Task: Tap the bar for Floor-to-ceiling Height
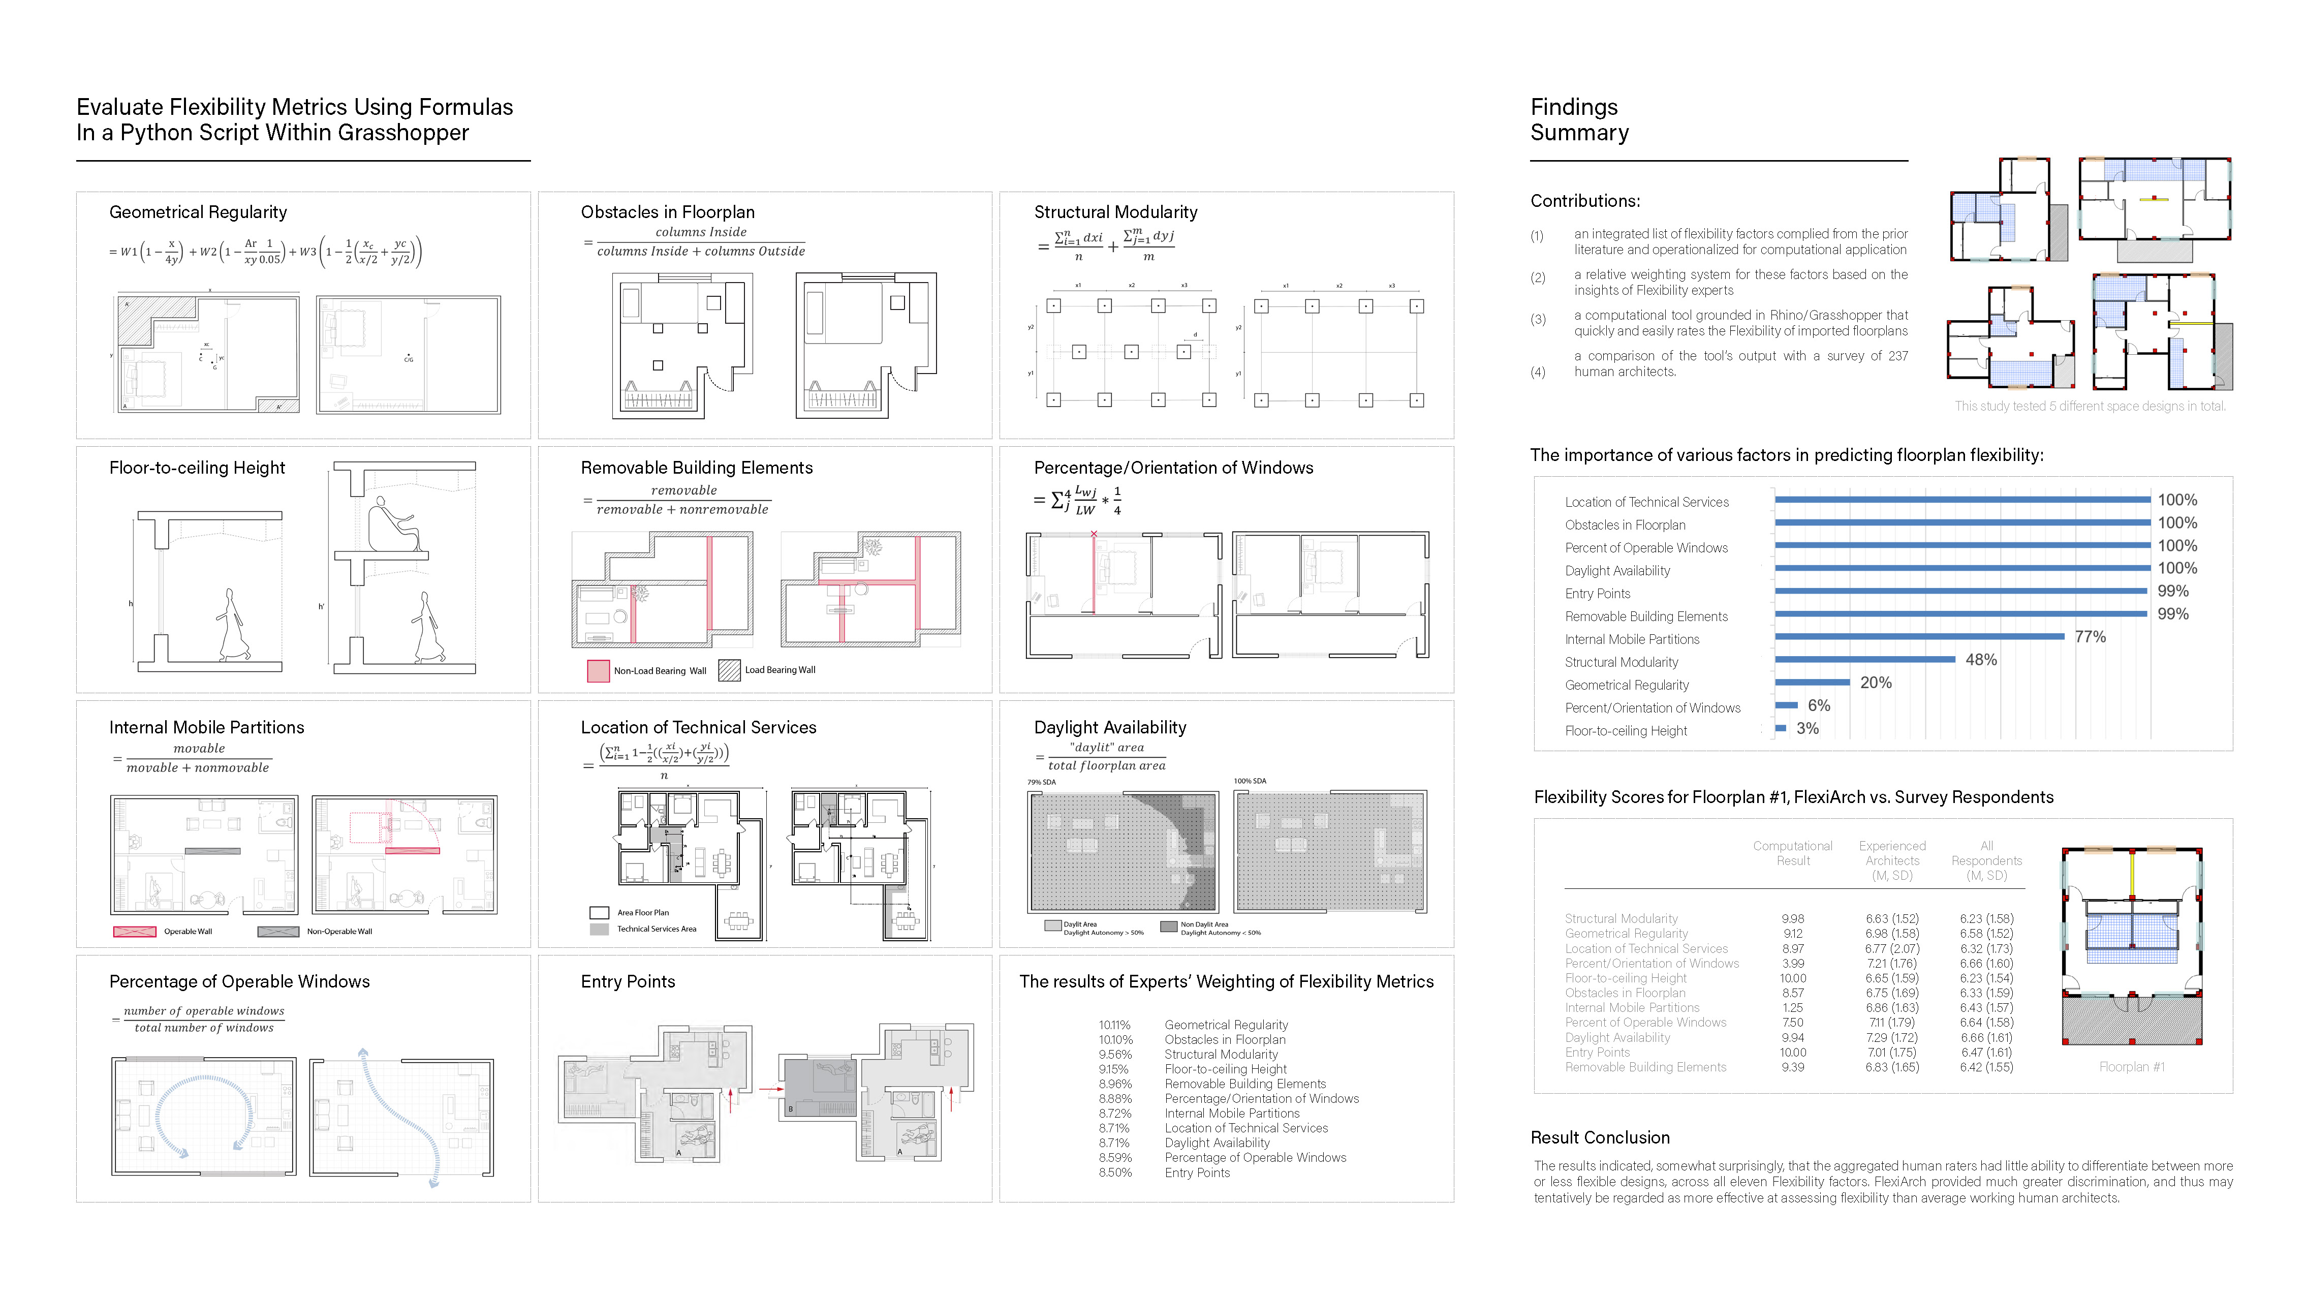[1781, 728]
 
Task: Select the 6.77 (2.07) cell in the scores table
[1891, 949]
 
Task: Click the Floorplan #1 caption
[2131, 1067]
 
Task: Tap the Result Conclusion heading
[1600, 1137]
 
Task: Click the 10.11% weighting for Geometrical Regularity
[1114, 1025]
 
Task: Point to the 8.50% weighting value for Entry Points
[1114, 1172]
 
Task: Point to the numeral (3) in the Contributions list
[1537, 320]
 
